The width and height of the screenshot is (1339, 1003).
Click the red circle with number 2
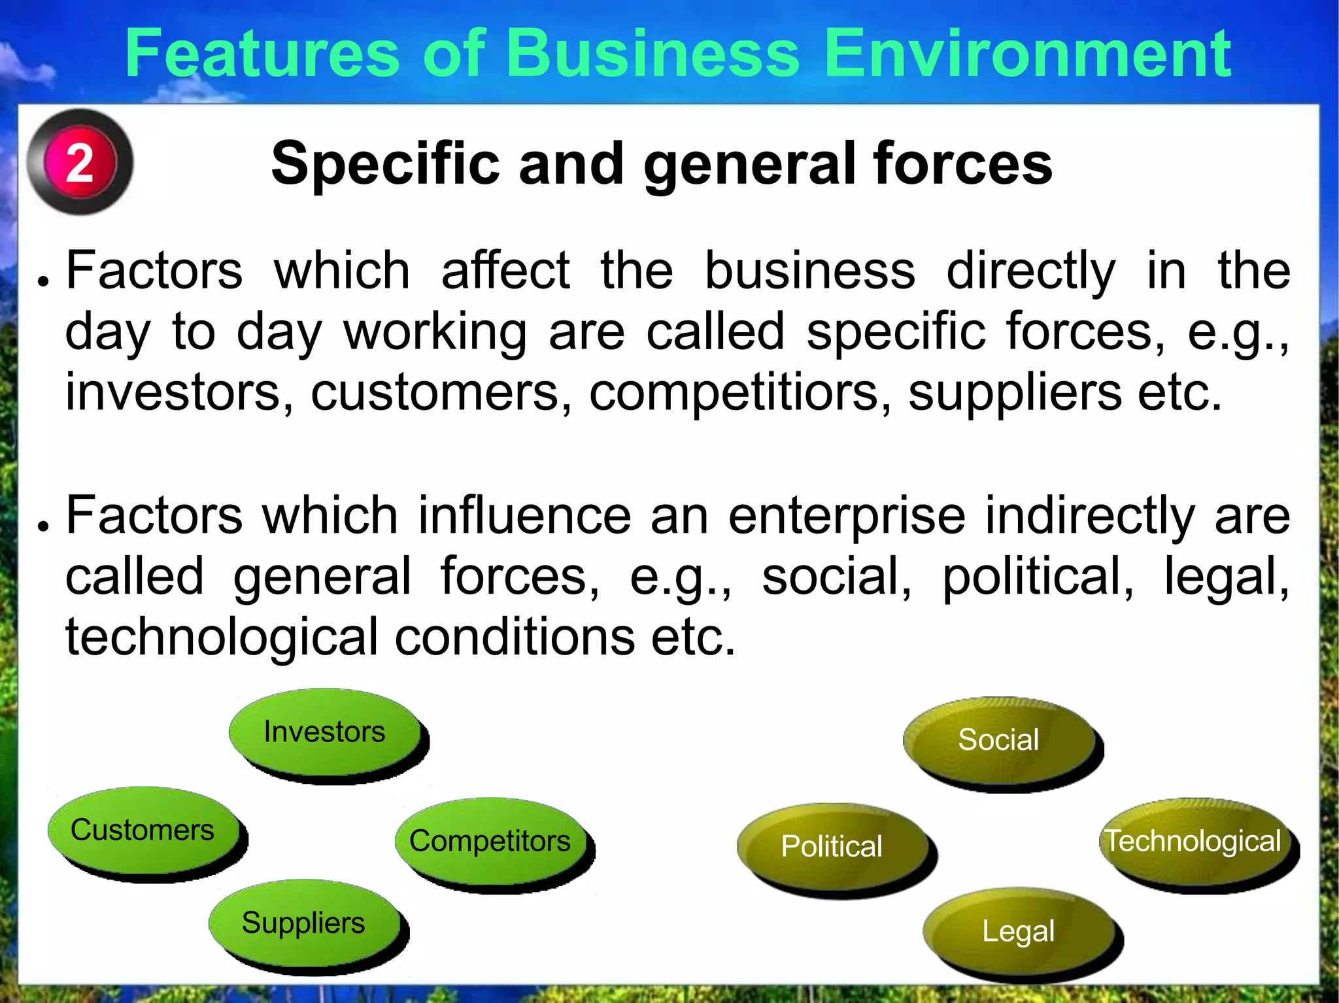click(80, 162)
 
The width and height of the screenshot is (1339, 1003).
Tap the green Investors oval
click(325, 732)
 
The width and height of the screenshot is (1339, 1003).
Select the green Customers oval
click(143, 830)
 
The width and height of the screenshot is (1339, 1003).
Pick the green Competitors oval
click(490, 841)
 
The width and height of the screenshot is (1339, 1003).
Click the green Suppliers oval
click(304, 923)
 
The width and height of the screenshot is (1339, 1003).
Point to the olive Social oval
click(999, 740)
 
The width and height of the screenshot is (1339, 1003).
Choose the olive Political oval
click(832, 847)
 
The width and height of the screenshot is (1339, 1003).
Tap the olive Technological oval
click(1194, 841)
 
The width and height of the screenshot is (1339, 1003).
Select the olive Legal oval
click(1019, 931)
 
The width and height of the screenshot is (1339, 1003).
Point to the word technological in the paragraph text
click(222, 637)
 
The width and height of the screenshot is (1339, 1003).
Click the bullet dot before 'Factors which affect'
click(43, 281)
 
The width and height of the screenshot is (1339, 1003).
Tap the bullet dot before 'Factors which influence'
click(43, 526)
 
